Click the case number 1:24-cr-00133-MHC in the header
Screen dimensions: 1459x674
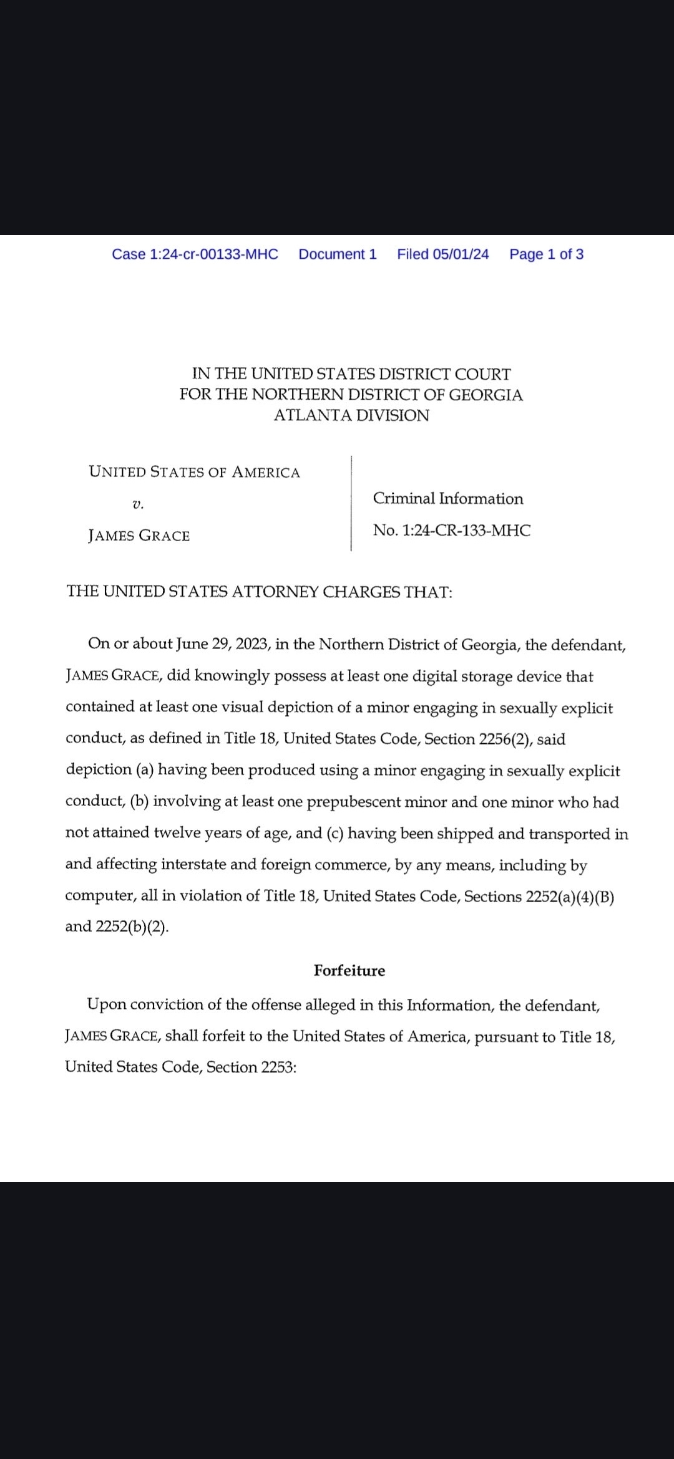pos(195,254)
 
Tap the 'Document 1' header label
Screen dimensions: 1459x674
pos(338,254)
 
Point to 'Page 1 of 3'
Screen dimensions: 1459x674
pos(546,254)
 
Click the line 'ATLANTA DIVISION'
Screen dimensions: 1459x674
pos(351,416)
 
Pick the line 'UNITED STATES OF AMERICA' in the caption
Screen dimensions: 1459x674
pos(194,472)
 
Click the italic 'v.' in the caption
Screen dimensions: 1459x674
pos(138,504)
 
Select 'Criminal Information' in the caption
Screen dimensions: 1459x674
pos(448,499)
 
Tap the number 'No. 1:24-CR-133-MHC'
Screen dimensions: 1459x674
pos(452,531)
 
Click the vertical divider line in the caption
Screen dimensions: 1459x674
pos(351,503)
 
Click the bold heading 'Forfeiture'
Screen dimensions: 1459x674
pos(349,971)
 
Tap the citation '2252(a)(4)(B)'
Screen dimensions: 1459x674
pos(570,897)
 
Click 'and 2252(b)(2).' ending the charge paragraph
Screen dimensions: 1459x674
pos(117,927)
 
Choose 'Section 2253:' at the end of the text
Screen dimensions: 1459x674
pos(251,1067)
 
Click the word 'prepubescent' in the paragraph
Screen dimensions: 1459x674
pos(353,802)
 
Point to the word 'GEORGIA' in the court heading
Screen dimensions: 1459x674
pos(486,395)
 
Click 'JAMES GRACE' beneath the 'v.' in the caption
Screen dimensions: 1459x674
pos(139,536)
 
